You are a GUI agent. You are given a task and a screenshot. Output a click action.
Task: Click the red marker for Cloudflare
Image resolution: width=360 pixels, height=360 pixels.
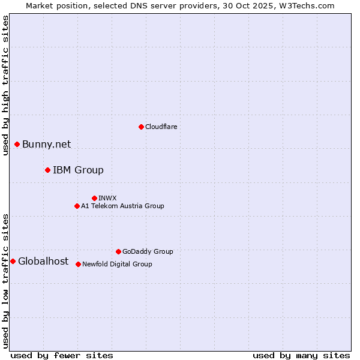coord(141,127)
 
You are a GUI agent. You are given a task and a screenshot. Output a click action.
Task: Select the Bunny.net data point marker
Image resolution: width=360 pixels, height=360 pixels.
coord(17,144)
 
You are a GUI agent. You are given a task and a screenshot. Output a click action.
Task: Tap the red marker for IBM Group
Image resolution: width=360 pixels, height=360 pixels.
coord(47,170)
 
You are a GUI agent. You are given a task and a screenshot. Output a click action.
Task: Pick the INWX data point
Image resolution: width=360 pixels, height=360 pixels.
coord(94,198)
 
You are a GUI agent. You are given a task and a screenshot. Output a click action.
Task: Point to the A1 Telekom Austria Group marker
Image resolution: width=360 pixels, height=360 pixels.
coord(77,206)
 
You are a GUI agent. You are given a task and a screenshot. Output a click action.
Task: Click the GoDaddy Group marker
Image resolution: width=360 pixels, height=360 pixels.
coord(118,251)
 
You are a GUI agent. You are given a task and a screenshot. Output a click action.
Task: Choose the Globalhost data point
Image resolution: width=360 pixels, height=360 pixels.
coord(13,261)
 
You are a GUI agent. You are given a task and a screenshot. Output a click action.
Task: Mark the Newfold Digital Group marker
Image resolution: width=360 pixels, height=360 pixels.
coord(78,264)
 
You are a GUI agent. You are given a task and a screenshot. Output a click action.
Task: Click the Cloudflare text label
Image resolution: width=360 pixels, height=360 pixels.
coord(161,127)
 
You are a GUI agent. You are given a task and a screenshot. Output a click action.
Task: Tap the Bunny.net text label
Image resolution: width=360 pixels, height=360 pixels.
coord(46,144)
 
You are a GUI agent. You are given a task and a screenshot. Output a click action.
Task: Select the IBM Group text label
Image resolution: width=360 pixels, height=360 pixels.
coord(78,170)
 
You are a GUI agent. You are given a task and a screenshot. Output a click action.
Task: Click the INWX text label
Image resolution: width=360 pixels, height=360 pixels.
coord(107,198)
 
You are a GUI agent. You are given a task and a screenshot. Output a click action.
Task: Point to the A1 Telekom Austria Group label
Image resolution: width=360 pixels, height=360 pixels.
coord(122,206)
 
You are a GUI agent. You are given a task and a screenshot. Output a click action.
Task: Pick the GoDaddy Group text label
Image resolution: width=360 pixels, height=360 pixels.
coord(148,251)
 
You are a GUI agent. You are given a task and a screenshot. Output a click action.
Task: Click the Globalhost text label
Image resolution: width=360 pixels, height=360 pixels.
coord(43,261)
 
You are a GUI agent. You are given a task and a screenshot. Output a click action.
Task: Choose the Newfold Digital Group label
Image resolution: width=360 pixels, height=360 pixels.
coord(117,264)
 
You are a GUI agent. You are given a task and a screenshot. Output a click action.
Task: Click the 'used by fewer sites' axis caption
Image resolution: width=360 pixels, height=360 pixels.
coord(62,355)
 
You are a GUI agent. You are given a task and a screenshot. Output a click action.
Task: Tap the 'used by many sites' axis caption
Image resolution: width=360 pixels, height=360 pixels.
coord(301,355)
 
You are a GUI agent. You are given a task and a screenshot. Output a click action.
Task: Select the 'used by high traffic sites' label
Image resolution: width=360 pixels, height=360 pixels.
coord(5,85)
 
